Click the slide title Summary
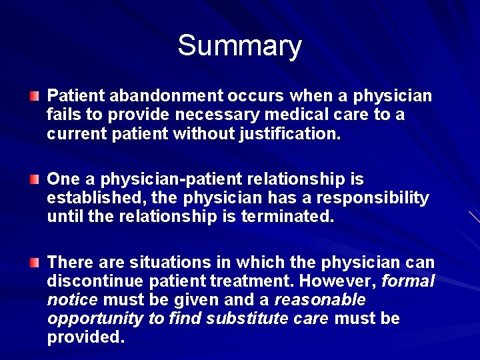239,46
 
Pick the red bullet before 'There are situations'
34,263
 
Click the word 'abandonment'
153,96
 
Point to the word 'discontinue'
91,281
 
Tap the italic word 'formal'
407,281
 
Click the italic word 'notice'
72,299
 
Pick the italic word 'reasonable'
319,299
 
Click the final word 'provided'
84,337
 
